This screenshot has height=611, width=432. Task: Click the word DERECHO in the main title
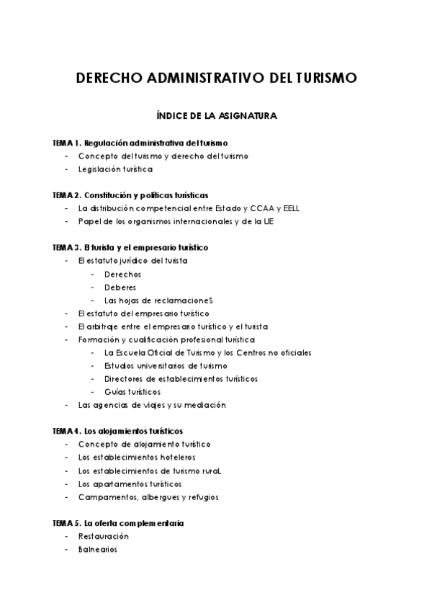(x=108, y=78)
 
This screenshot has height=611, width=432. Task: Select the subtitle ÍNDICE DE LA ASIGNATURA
(x=216, y=115)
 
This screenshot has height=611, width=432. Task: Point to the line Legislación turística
(x=115, y=169)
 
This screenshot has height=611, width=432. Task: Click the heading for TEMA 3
(x=130, y=247)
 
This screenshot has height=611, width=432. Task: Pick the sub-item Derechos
(x=122, y=274)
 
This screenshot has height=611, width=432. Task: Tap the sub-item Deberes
(x=120, y=287)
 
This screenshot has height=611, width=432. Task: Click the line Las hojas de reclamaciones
(x=159, y=300)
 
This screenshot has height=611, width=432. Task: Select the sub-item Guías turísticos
(x=132, y=392)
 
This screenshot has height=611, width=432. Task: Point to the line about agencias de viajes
(x=152, y=405)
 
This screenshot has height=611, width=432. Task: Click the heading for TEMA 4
(x=118, y=431)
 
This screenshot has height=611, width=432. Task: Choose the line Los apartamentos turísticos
(x=130, y=483)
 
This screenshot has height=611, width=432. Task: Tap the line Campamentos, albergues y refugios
(x=148, y=496)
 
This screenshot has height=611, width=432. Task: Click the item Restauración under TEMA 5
(x=104, y=536)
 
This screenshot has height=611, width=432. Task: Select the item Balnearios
(x=97, y=549)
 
